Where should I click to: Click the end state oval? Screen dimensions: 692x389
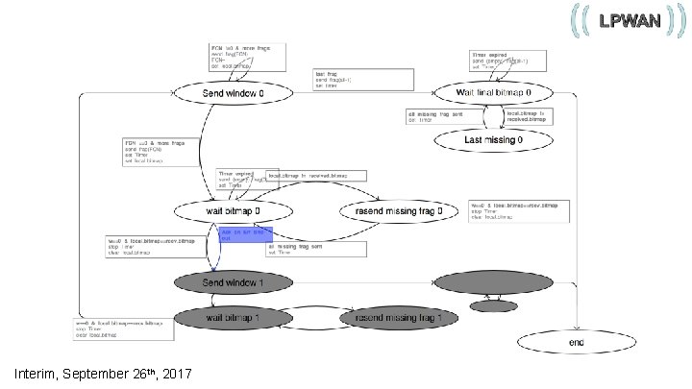point(576,341)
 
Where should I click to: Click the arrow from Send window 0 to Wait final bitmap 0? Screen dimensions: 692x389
point(365,92)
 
